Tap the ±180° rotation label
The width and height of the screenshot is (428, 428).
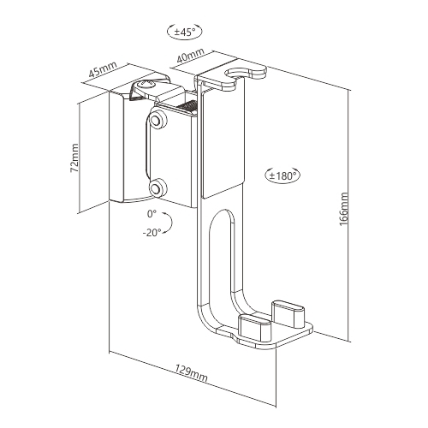pyautogui.click(x=282, y=175)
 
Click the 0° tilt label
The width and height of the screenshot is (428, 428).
pyautogui.click(x=153, y=212)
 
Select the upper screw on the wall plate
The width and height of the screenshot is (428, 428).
pyautogui.click(x=158, y=122)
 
